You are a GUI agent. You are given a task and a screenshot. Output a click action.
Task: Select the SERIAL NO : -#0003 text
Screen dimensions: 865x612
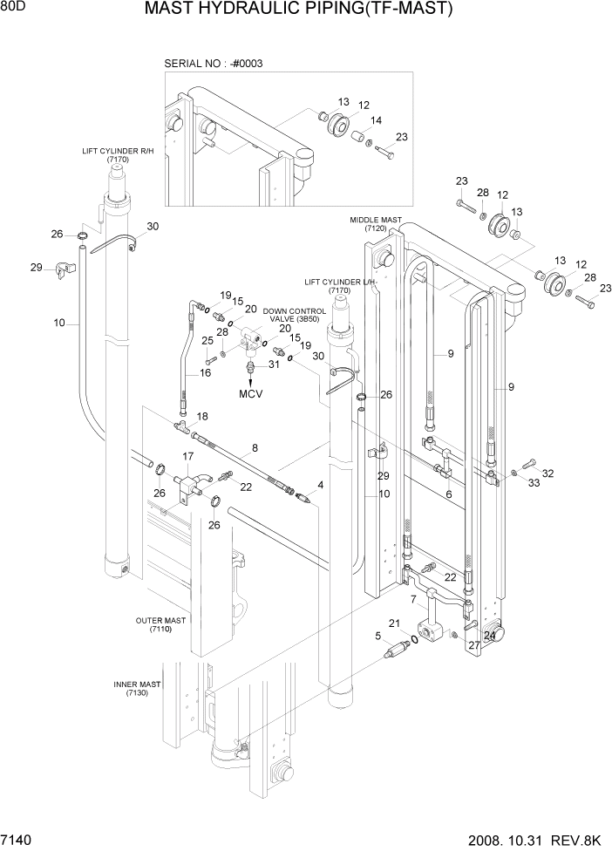(214, 64)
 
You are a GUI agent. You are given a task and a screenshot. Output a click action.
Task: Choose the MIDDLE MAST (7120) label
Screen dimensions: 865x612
(376, 224)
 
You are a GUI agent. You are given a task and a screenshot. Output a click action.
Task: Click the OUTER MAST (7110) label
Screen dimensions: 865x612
(160, 624)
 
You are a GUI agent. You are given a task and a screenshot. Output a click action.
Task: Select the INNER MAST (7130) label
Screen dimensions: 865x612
(137, 688)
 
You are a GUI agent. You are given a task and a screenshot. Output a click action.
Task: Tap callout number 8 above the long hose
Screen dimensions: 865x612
(255, 449)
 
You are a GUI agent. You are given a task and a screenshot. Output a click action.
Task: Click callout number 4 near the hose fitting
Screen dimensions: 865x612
(321, 485)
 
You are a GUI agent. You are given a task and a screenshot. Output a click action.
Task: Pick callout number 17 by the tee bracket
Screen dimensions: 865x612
(187, 456)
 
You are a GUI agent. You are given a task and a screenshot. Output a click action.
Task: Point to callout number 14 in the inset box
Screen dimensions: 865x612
(377, 120)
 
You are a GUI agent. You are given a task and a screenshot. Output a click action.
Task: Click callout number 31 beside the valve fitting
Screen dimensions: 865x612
(273, 364)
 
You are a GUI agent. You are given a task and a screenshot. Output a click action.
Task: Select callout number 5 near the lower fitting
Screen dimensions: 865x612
(378, 636)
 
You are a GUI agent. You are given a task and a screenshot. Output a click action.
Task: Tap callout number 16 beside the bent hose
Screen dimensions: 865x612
(206, 372)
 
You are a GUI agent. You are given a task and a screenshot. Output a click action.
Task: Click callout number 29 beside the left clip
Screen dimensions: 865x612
(36, 267)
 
